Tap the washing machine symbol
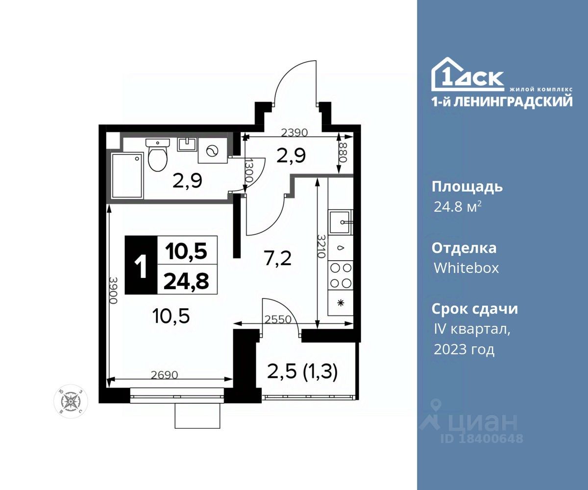point(213,150)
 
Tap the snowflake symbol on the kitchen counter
point(341,303)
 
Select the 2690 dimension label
point(165,375)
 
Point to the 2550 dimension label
point(278,319)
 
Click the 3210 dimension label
point(321,246)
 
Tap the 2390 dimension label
point(294,132)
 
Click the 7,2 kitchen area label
point(278,259)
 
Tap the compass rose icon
point(71,401)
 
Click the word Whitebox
point(466,268)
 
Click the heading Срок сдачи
point(475,309)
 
